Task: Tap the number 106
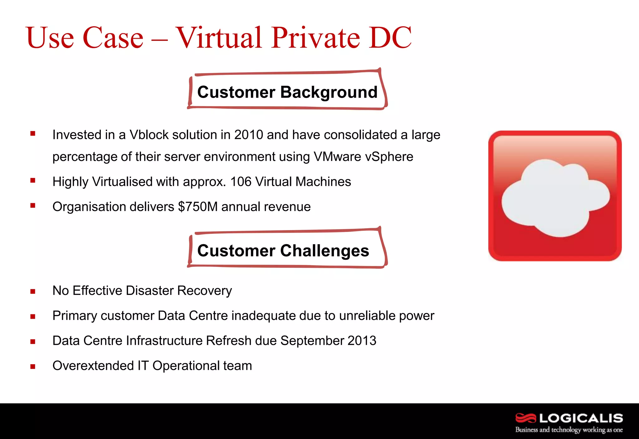241,181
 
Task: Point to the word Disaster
149,291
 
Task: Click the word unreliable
367,316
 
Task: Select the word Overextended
93,365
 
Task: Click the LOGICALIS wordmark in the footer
581,418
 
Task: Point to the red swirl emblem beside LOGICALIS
525,418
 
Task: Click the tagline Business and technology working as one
569,430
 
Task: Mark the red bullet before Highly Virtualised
33,180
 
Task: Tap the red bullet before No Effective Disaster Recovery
33,292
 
